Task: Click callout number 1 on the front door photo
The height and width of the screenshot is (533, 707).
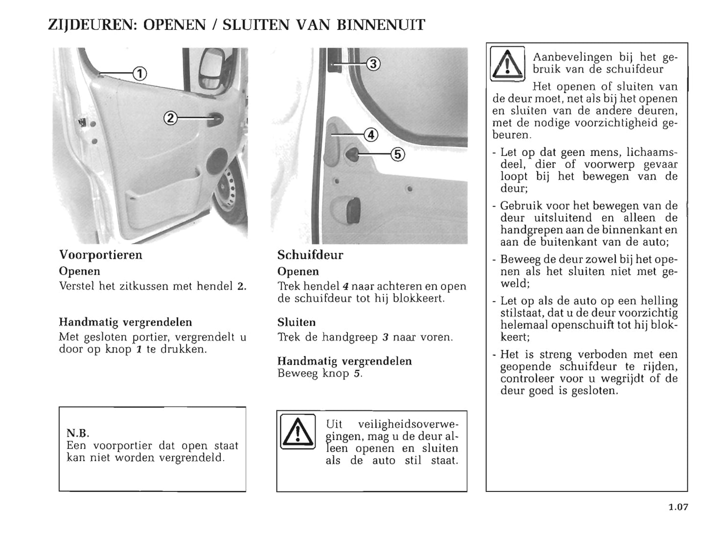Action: (139, 74)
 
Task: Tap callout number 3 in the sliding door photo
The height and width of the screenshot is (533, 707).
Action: (373, 64)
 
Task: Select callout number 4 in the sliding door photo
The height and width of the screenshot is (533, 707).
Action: (371, 134)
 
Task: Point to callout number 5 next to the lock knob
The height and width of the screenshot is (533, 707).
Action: (397, 154)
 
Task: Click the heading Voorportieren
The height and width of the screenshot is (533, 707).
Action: (100, 255)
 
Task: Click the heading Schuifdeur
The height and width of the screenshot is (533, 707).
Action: (310, 255)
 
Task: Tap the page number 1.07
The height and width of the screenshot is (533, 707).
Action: (678, 507)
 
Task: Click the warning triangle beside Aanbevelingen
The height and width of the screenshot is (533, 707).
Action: (507, 64)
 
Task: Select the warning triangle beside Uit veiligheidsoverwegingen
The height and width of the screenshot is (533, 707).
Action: (297, 431)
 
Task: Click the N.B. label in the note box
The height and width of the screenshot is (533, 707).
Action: (78, 433)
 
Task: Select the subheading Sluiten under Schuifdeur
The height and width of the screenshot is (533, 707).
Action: (296, 322)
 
